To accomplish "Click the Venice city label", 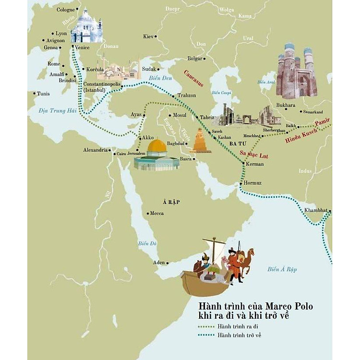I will (x=83, y=48).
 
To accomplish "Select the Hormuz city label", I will (x=252, y=183).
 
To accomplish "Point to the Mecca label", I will (x=156, y=213).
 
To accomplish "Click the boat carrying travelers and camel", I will (x=216, y=269).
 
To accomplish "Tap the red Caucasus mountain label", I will (x=193, y=78).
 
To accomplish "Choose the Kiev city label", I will (x=149, y=36).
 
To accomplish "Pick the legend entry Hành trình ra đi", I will (x=238, y=326).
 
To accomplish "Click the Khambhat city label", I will (x=315, y=210).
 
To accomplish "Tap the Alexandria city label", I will (x=95, y=150).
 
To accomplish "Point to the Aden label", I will (x=158, y=263).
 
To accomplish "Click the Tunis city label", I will (x=43, y=94).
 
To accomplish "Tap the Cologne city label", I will (x=66, y=10).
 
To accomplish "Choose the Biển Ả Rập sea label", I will (x=283, y=269).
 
